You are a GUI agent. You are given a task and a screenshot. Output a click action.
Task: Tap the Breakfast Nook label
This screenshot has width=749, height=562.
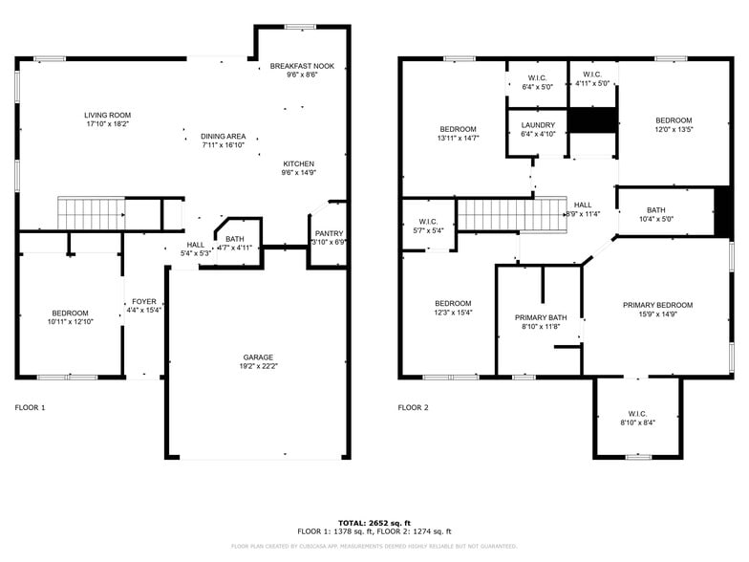[301, 66]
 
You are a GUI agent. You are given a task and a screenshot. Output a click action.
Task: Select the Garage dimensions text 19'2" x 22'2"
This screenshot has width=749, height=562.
[257, 366]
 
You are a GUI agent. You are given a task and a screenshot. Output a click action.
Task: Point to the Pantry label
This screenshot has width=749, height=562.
[329, 233]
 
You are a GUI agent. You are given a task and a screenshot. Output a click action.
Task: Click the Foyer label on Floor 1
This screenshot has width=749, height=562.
[143, 301]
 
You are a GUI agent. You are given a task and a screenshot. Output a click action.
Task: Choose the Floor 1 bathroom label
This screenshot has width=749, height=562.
[234, 239]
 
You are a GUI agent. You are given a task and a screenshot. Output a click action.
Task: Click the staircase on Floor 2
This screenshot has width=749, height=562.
[506, 215]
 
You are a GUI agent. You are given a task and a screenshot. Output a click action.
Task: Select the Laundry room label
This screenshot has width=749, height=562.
[538, 124]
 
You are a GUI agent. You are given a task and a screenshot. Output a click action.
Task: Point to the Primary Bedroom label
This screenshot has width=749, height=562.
[657, 305]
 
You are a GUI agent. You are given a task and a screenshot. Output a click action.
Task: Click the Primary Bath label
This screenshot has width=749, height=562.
[541, 317]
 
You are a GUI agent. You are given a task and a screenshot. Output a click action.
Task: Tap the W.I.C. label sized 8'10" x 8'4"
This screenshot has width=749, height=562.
[637, 413]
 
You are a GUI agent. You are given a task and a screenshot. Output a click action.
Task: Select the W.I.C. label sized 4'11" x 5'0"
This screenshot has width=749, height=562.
[591, 75]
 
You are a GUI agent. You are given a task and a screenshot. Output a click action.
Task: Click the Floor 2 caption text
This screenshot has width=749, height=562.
[413, 407]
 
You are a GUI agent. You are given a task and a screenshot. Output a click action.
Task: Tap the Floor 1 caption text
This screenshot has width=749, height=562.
[30, 407]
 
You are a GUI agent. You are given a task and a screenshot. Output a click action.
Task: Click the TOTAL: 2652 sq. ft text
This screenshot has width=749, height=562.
[374, 523]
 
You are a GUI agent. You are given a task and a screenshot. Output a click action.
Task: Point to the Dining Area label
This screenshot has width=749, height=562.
[224, 136]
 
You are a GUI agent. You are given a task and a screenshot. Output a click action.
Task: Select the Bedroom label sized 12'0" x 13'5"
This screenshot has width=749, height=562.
[673, 120]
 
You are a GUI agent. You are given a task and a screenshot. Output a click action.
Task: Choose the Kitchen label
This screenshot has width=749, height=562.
[298, 163]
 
